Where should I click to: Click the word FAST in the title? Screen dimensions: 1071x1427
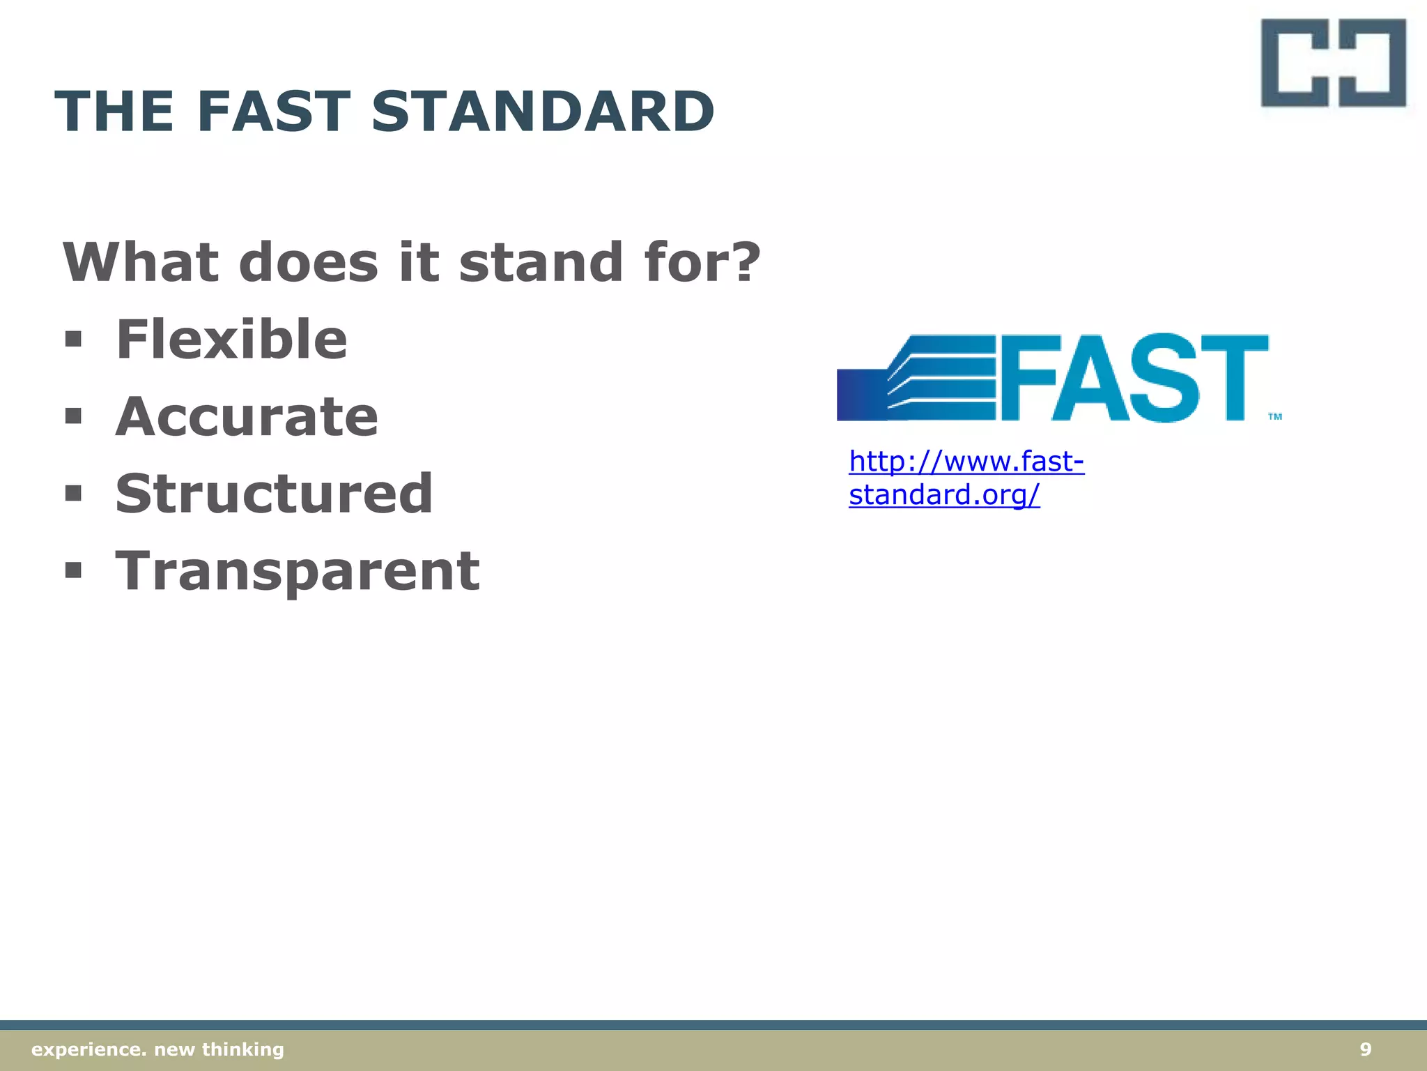pyautogui.click(x=273, y=112)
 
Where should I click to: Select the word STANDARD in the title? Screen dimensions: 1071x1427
pyautogui.click(x=543, y=112)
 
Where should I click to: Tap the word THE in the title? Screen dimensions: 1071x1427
pyautogui.click(x=114, y=112)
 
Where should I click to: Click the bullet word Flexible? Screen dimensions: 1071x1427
pyautogui.click(x=231, y=340)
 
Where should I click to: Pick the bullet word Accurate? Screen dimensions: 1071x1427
pyautogui.click(x=247, y=417)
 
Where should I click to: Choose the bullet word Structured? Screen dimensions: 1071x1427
pyautogui.click(x=274, y=494)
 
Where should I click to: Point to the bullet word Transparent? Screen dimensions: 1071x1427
pyautogui.click(x=298, y=571)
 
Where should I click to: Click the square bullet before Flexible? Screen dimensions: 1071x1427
pyautogui.click(x=73, y=340)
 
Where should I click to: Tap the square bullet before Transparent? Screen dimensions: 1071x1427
pyautogui.click(x=73, y=571)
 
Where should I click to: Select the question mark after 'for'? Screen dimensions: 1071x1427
pyautogui.click(x=745, y=262)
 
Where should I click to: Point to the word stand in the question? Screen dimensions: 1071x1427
pyautogui.click(x=541, y=262)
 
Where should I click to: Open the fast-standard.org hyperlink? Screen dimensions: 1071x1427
pyautogui.click(x=965, y=478)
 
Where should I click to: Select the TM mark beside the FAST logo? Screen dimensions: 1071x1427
pyautogui.click(x=1274, y=417)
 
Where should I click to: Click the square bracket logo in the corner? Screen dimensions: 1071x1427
pyautogui.click(x=1332, y=63)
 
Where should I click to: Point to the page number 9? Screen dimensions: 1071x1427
pyautogui.click(x=1366, y=1049)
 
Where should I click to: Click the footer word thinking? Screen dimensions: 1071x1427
pyautogui.click(x=242, y=1049)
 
